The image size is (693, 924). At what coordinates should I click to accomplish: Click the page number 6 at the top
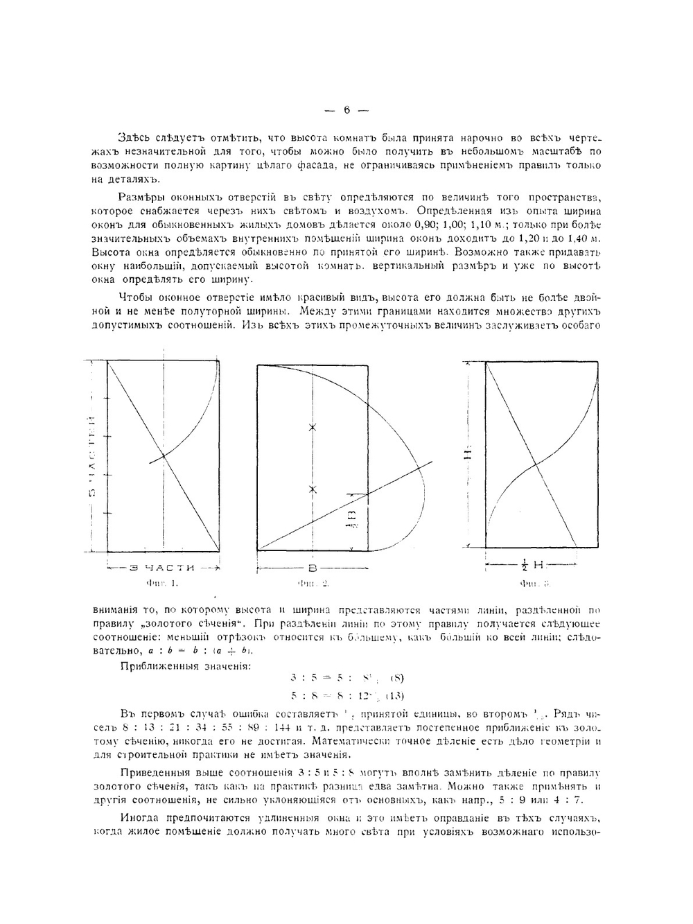click(x=346, y=110)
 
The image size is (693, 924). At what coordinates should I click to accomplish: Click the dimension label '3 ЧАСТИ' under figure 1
click(x=161, y=568)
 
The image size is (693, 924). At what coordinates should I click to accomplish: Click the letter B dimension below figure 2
click(x=312, y=568)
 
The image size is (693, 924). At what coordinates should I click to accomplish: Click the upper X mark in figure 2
click(x=313, y=428)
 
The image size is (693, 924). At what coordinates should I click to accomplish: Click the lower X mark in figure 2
click(x=313, y=489)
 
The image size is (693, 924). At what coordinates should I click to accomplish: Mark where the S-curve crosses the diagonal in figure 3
click(x=534, y=462)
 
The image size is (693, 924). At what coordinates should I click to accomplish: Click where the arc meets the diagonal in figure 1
click(x=164, y=455)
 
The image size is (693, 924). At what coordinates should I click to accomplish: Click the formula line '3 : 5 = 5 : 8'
click(x=346, y=679)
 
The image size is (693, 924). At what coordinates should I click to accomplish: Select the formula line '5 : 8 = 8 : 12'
click(x=346, y=695)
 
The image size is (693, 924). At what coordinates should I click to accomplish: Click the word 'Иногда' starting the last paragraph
click(x=139, y=817)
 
